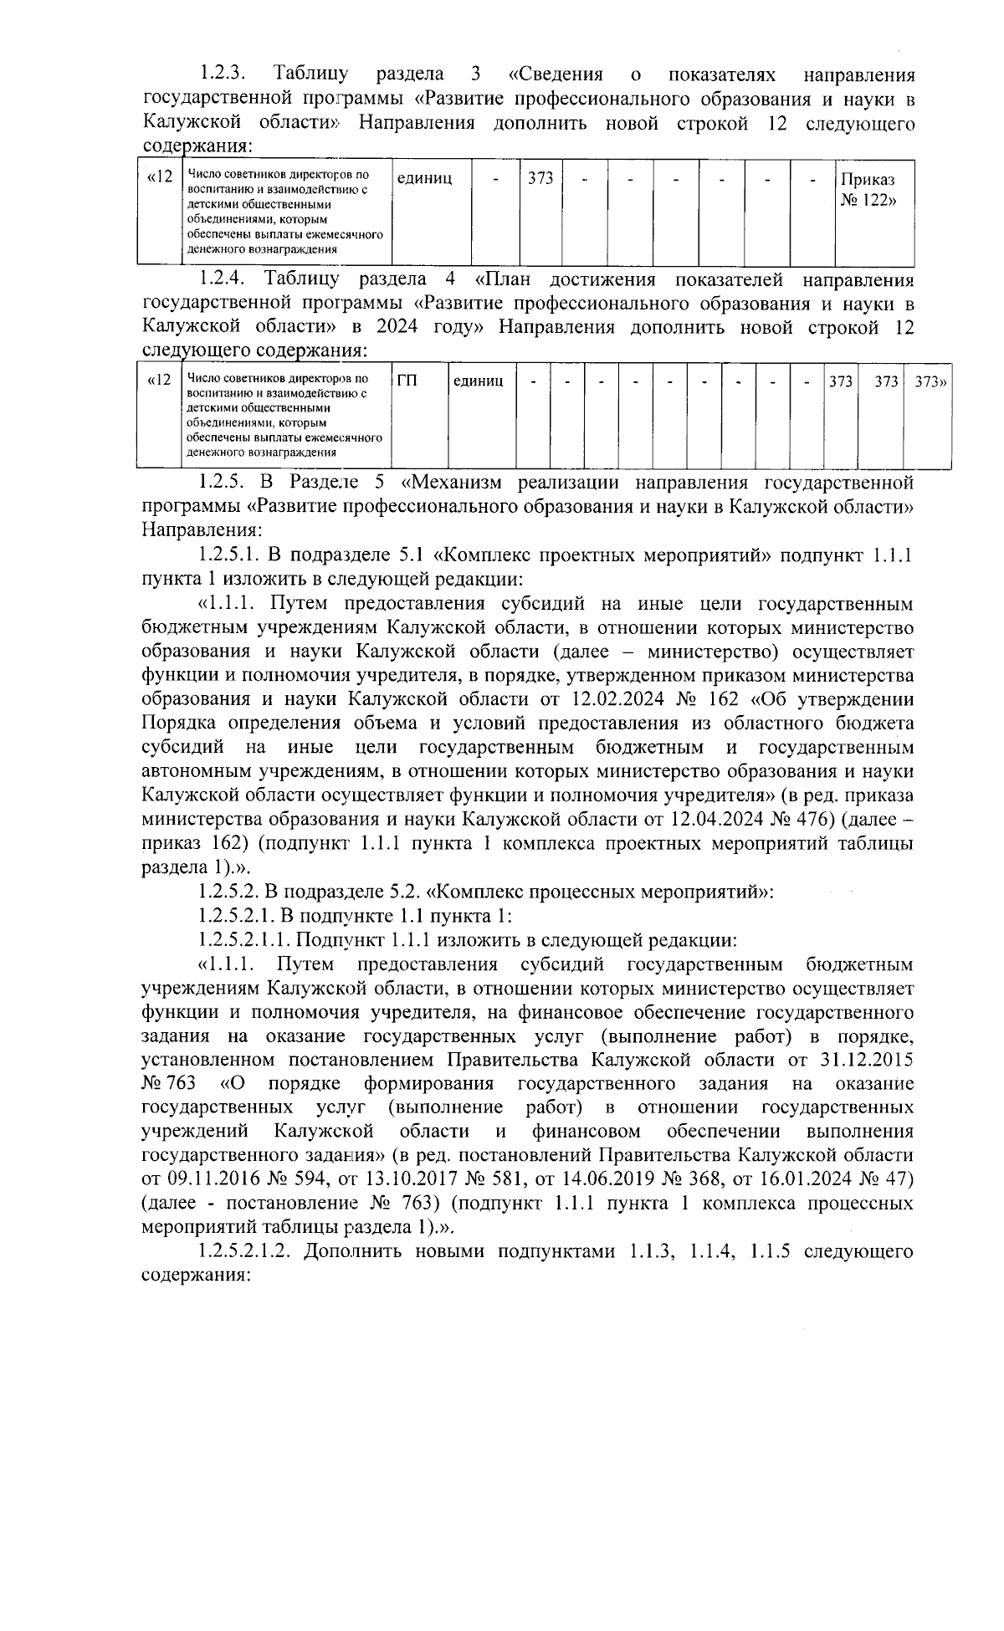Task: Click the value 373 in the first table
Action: coord(540,179)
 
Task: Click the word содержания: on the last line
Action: coord(197,1277)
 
